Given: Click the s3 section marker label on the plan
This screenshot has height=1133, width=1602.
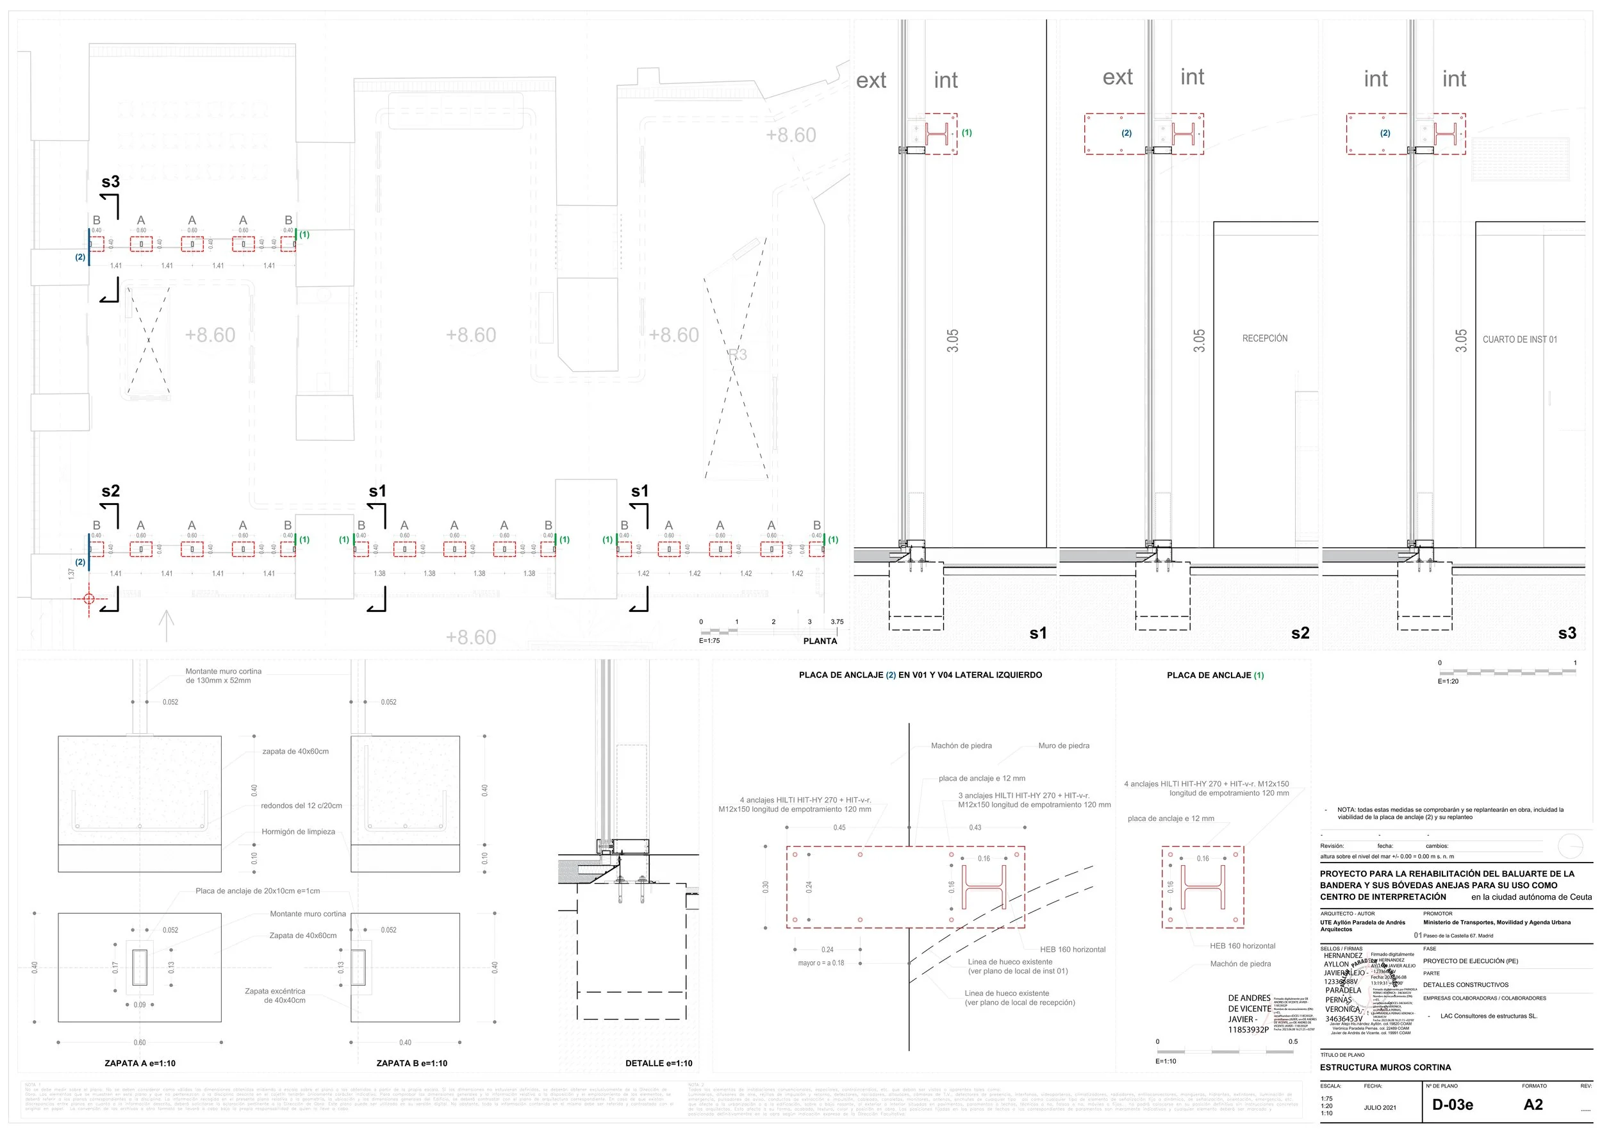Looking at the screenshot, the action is coord(110,182).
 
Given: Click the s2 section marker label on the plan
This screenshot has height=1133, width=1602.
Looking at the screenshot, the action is coord(110,491).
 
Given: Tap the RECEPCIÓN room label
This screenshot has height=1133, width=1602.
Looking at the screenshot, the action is coord(1264,338).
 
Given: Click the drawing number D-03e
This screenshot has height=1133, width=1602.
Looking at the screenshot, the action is coord(1452,1104).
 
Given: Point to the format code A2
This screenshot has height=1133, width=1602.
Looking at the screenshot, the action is coord(1533,1104).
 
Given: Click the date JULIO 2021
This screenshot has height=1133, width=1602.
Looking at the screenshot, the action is coord(1380,1107).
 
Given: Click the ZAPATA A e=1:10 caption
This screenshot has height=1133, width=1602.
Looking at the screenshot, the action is coord(140,1063).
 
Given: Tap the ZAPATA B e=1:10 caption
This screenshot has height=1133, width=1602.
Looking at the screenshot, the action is coord(411,1063).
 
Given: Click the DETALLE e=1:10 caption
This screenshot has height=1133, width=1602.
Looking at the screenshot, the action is coord(659,1063).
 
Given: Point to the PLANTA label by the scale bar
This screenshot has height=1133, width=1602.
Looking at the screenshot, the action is coord(820,641).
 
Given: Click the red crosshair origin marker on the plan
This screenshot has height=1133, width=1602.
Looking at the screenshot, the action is coord(88,599).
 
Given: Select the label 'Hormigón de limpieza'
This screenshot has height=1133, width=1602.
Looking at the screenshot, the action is coord(298,832).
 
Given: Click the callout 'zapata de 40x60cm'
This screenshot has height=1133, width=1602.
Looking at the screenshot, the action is coord(295,751).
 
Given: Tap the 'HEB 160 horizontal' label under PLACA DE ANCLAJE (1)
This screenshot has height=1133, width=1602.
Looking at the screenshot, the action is coord(1242,946).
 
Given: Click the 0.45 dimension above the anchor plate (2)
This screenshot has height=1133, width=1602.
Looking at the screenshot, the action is coord(839,827).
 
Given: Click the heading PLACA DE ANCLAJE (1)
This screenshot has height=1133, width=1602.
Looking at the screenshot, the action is coord(1215,675).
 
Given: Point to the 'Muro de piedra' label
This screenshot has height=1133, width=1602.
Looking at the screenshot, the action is coord(1063,746).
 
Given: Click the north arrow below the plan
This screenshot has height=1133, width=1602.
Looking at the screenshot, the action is coord(166,625).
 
